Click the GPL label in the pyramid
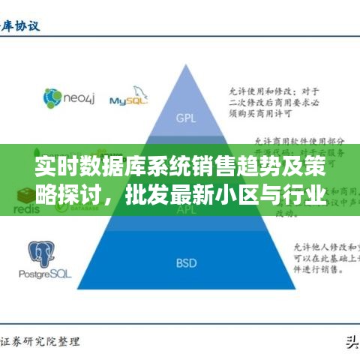(184, 118)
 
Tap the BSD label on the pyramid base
(185, 262)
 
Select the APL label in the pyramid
(185, 211)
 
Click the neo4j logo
(65, 98)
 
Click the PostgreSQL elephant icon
(43, 254)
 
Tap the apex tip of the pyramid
(185, 64)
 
